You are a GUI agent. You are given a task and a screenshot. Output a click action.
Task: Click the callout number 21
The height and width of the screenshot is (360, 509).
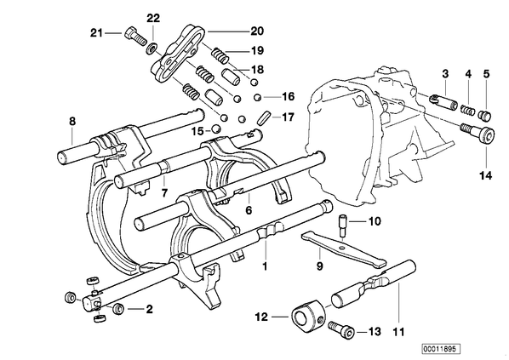click(x=96, y=33)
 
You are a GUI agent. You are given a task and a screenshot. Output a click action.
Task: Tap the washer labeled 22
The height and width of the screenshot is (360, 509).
click(x=152, y=49)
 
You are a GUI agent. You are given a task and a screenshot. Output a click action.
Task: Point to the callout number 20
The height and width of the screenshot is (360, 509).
click(x=257, y=31)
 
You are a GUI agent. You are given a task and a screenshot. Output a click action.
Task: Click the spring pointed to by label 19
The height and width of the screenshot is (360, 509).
click(x=220, y=55)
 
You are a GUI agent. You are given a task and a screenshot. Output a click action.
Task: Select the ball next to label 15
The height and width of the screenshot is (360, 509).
click(x=215, y=129)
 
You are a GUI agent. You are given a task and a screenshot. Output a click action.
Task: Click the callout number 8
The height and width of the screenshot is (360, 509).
click(x=72, y=122)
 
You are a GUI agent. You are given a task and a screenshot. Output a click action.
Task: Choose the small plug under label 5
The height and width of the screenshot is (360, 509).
click(x=484, y=115)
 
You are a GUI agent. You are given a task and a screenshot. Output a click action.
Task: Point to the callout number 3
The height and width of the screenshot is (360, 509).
click(x=445, y=74)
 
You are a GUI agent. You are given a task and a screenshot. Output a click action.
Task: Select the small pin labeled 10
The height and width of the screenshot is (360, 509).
click(x=343, y=225)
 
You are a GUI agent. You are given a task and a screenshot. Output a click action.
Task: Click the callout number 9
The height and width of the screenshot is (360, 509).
click(x=319, y=266)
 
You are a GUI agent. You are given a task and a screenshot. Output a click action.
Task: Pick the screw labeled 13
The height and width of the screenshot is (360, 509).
click(x=340, y=329)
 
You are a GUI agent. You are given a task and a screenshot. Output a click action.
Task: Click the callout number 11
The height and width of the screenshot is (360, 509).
click(x=398, y=332)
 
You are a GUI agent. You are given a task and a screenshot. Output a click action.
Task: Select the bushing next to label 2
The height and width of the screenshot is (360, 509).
click(x=117, y=308)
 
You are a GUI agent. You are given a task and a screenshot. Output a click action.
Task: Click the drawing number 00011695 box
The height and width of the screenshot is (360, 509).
click(x=441, y=349)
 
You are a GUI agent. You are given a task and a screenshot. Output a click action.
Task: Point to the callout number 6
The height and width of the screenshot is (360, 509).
click(x=249, y=210)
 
